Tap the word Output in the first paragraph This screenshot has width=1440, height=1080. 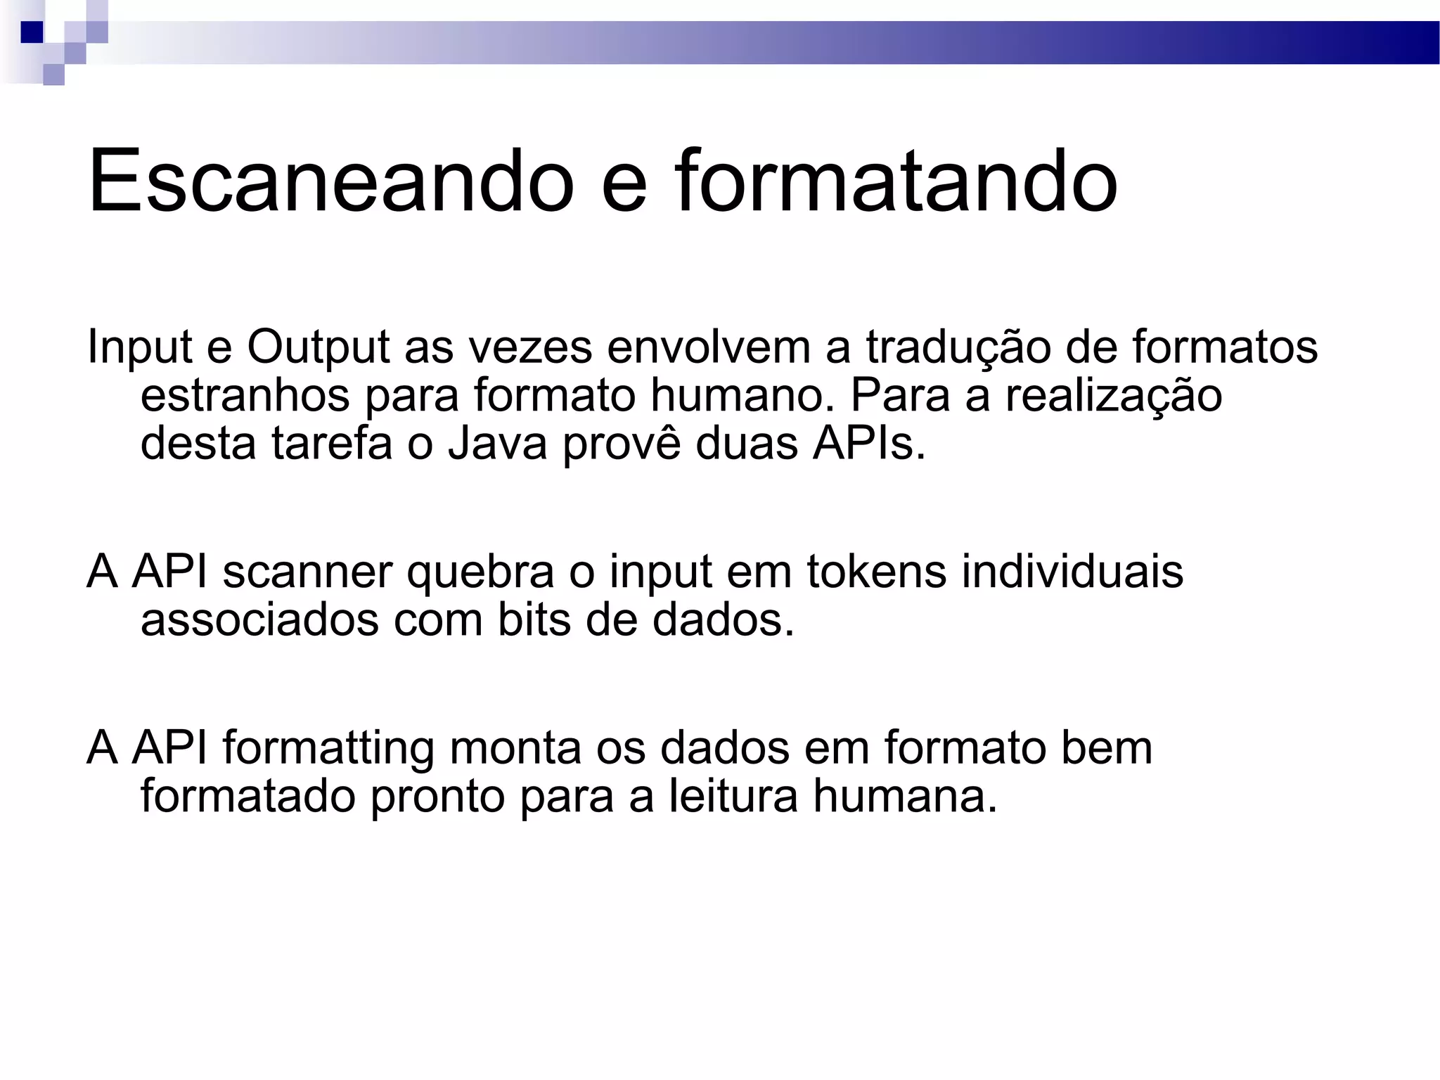pyautogui.click(x=318, y=348)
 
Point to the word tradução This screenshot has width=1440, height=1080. pyautogui.click(x=958, y=348)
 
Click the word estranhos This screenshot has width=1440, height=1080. pyautogui.click(x=245, y=395)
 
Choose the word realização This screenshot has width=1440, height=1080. pyautogui.click(x=1114, y=395)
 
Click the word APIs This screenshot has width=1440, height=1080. pyautogui.click(x=869, y=444)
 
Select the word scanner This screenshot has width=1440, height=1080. pyautogui.click(x=307, y=572)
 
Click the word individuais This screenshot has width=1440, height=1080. pyautogui.click(x=1072, y=571)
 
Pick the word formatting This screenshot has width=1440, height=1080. pyautogui.click(x=328, y=749)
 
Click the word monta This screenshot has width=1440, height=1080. pyautogui.click(x=515, y=748)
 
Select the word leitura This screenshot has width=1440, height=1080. pyautogui.click(x=733, y=796)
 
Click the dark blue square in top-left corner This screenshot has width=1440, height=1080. pyautogui.click(x=32, y=32)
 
